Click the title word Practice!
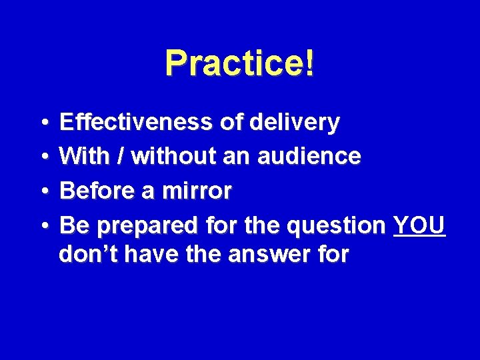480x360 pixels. click(x=239, y=64)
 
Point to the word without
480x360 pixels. click(x=173, y=157)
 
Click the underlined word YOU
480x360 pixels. click(x=419, y=226)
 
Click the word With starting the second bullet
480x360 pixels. click(x=86, y=157)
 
